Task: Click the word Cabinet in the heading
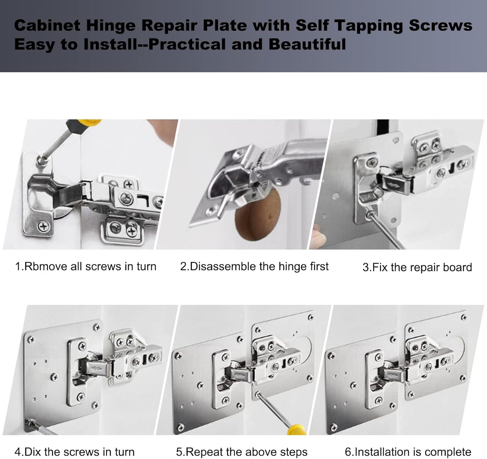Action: pyautogui.click(x=47, y=26)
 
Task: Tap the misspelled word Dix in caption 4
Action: pyautogui.click(x=33, y=452)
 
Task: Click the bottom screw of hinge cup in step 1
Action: pyautogui.click(x=43, y=226)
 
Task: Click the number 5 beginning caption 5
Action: pyautogui.click(x=179, y=452)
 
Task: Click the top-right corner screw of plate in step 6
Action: pyautogui.click(x=464, y=317)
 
